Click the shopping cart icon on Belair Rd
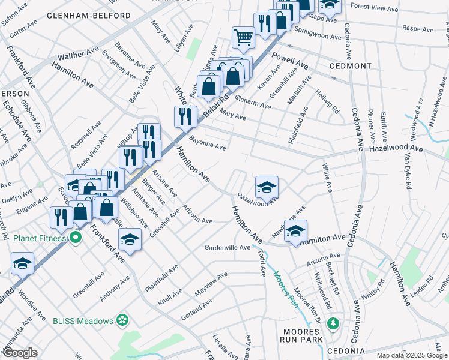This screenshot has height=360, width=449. click(244, 37)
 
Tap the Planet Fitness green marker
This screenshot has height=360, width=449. click(75, 238)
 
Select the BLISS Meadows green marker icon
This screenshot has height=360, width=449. click(122, 321)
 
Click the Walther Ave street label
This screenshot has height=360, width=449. click(79, 55)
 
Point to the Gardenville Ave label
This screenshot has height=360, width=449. click(227, 247)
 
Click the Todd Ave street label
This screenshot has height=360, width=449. click(262, 263)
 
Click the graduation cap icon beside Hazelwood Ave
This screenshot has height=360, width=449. click(267, 188)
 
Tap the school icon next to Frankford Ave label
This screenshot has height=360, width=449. click(129, 241)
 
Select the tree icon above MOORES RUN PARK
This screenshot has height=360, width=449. click(333, 325)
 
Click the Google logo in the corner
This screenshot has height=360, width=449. click(19, 353)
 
